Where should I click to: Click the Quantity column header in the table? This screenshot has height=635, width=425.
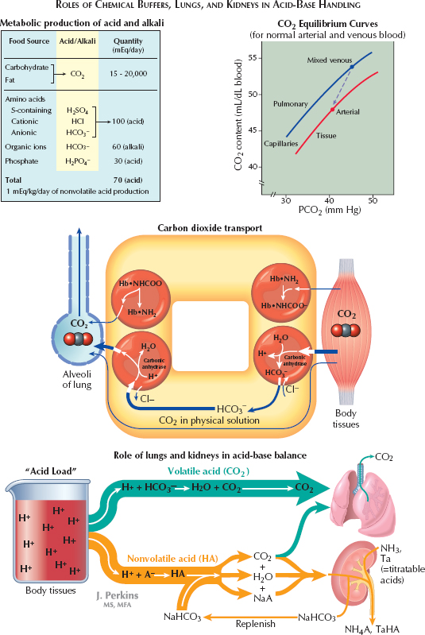tap(127, 45)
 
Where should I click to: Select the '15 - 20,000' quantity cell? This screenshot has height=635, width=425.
tap(127, 74)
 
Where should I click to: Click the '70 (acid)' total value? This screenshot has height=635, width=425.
tap(127, 180)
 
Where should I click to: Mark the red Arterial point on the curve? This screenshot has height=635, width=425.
tap(332, 109)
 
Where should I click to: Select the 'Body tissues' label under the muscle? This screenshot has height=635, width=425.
tap(347, 419)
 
